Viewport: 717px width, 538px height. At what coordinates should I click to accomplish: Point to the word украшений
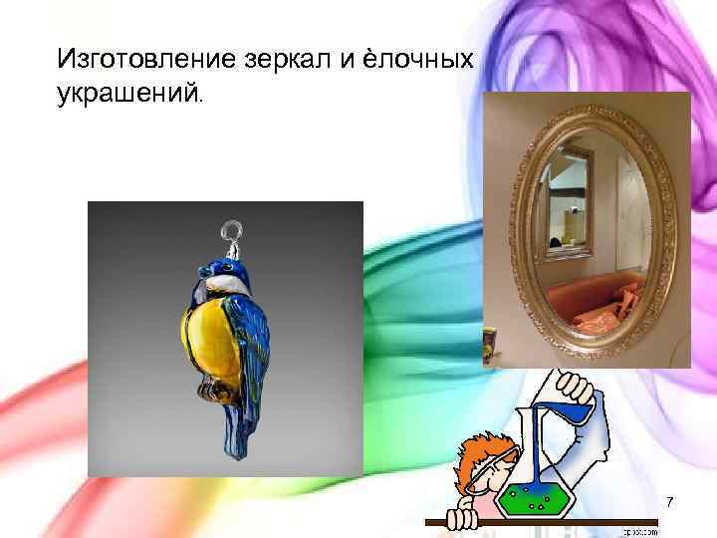click(x=128, y=96)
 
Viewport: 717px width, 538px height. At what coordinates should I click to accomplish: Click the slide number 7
click(x=669, y=502)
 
